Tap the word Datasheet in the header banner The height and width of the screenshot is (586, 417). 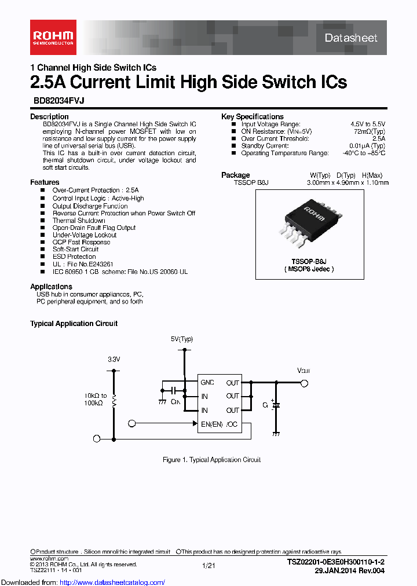point(350,38)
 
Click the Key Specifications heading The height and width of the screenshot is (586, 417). point(253,116)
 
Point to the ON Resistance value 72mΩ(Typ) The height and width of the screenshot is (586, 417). point(366,131)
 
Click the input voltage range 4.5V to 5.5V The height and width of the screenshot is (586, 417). point(367,124)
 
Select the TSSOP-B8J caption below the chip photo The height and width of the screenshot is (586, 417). point(309,261)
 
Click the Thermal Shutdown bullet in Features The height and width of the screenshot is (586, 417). point(79,221)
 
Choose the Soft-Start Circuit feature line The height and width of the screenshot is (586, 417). point(75,249)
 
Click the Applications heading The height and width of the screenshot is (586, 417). point(51,287)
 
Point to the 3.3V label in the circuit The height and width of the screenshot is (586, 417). point(114,360)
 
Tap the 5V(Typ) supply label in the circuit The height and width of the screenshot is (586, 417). point(182,339)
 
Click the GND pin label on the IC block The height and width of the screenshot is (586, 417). point(207,382)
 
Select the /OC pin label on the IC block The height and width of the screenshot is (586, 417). point(232,424)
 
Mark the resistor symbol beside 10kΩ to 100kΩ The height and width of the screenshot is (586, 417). point(114,400)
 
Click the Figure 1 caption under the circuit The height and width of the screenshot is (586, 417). point(211,460)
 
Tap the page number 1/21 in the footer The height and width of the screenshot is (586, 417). point(209,565)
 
